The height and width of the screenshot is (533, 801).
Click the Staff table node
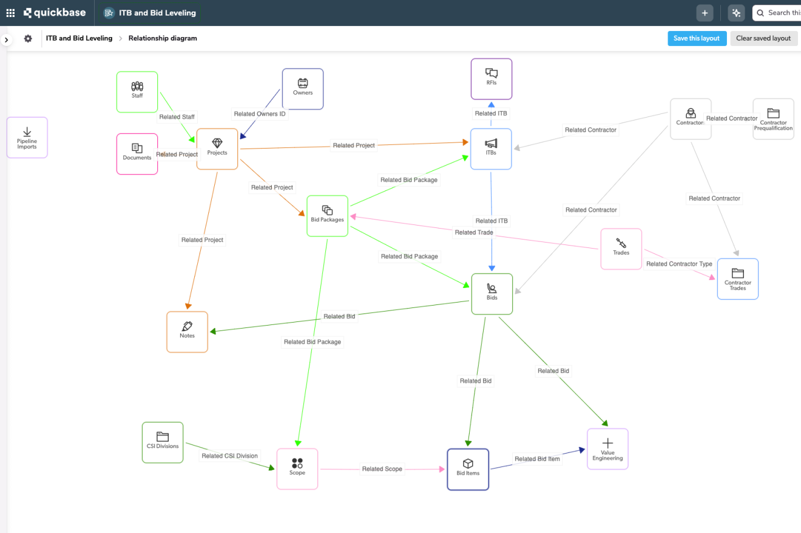point(137,92)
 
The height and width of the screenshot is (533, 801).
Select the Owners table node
point(302,89)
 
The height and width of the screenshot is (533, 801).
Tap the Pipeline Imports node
point(27,138)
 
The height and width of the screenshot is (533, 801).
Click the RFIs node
point(492,79)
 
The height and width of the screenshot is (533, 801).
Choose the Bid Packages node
point(327,216)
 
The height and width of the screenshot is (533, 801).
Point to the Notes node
point(187,332)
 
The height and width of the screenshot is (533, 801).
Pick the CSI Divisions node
point(163,442)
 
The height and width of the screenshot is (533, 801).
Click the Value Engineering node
point(607,449)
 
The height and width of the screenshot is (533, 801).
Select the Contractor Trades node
point(737,279)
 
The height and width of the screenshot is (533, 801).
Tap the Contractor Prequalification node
point(773,119)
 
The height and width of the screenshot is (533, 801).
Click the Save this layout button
point(697,38)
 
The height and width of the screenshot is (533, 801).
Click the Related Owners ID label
point(260,114)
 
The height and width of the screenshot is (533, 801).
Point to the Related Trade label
point(474,232)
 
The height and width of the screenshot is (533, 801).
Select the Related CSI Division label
point(229,456)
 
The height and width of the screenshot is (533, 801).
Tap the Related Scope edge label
point(382,469)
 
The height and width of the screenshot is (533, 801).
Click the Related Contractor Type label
point(679,264)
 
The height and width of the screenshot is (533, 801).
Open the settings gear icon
point(28,38)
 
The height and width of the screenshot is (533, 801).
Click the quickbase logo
point(55,13)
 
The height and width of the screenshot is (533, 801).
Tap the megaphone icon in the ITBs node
point(491,143)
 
